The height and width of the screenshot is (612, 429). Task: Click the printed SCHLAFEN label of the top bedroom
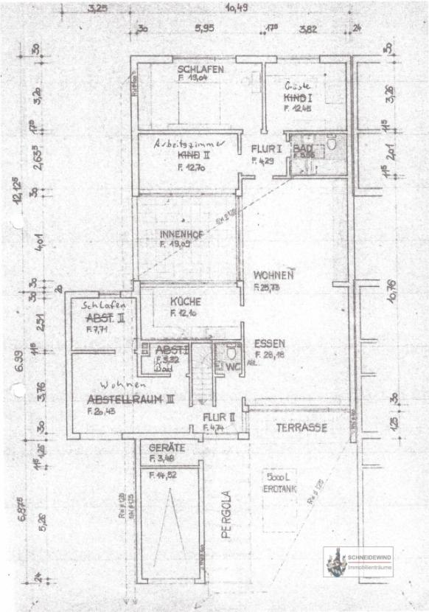click(195, 71)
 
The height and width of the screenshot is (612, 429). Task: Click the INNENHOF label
click(178, 234)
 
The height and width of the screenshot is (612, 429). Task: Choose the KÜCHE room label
click(185, 302)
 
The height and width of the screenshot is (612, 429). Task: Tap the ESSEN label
click(269, 344)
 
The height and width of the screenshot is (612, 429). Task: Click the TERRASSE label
click(300, 427)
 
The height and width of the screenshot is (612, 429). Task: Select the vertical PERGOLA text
click(227, 515)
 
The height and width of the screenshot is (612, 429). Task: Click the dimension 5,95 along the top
click(204, 29)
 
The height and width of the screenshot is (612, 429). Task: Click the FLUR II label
click(219, 417)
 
